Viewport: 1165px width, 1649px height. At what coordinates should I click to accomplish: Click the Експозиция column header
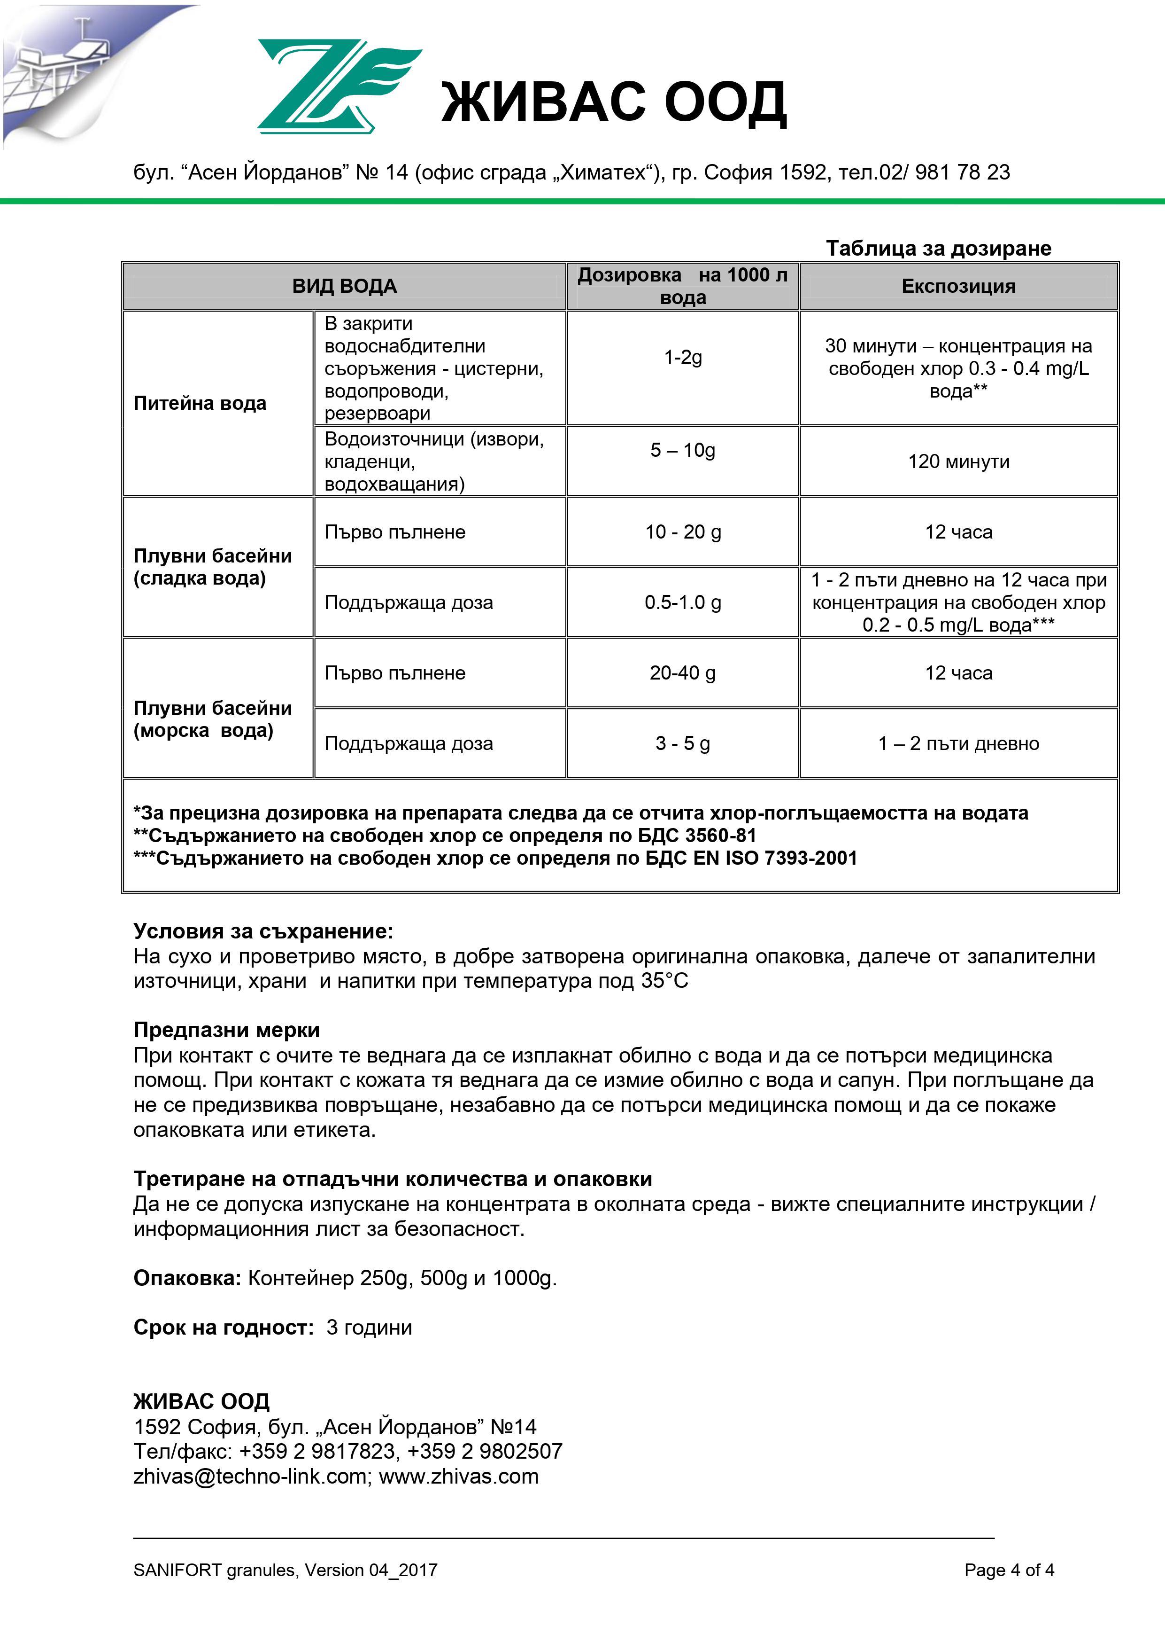tap(958, 286)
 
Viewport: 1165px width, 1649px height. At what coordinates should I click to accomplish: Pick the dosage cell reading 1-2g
tap(683, 357)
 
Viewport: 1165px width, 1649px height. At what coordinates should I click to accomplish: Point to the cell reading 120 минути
tap(958, 461)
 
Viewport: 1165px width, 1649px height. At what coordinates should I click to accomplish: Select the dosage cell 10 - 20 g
tap(683, 531)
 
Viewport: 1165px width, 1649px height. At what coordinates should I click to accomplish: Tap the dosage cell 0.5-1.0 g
tap(683, 602)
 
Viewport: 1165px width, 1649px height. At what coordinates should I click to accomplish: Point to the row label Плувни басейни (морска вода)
tap(212, 719)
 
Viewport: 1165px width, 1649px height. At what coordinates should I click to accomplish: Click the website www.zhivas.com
tap(459, 1476)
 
